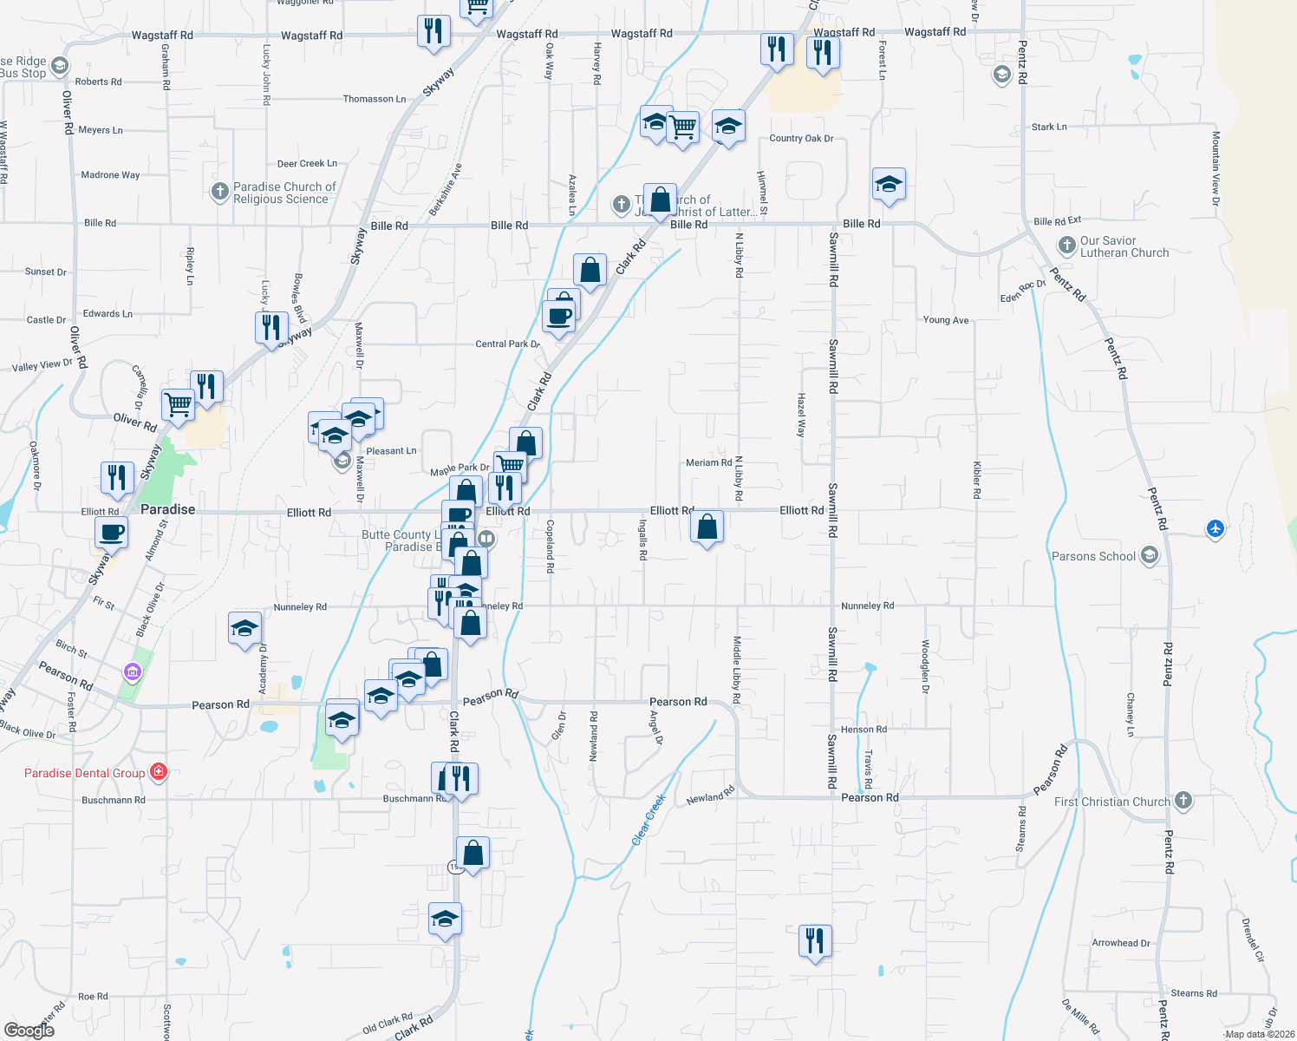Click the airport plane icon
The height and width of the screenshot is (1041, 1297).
point(1216,527)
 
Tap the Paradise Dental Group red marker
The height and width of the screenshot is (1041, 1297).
point(158,771)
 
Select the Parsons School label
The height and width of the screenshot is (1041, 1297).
point(1093,556)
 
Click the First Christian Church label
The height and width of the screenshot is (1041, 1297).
point(1111,802)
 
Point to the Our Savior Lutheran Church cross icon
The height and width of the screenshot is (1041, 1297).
point(1067,246)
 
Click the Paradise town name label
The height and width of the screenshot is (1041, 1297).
point(167,509)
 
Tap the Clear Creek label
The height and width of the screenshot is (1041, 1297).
point(648,819)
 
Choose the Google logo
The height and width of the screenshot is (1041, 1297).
point(29,1030)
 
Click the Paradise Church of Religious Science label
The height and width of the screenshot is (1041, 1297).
point(284,193)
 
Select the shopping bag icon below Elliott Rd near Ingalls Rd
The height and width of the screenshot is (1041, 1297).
point(707,527)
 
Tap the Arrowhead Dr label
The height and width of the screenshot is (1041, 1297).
point(1120,943)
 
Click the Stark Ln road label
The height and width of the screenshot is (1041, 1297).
point(1049,127)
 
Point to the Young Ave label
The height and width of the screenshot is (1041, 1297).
point(946,320)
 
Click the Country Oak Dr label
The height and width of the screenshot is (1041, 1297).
point(801,138)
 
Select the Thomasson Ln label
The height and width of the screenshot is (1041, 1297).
point(374,99)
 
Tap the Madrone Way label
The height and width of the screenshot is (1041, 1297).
point(110,175)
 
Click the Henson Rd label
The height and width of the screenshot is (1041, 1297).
point(864,730)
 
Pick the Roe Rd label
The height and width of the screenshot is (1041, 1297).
point(93,997)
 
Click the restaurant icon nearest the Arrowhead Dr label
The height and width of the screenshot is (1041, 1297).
point(815,940)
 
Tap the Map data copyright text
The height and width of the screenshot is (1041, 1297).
point(1260,1034)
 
